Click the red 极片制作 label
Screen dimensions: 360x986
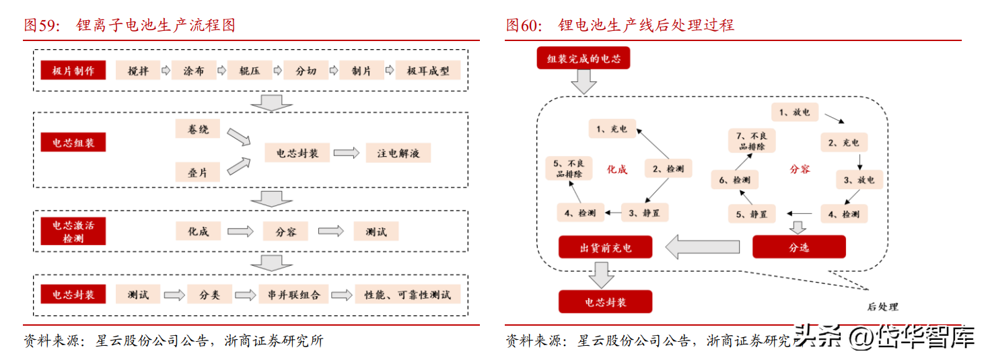(73, 71)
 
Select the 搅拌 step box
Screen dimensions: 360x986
(138, 71)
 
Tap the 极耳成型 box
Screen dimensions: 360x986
(428, 71)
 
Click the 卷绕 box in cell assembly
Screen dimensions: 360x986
(198, 129)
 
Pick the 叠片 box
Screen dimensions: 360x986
(198, 172)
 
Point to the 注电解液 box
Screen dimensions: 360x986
(398, 153)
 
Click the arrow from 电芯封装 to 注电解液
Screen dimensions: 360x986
(347, 153)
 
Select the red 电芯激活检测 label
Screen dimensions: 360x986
(73, 231)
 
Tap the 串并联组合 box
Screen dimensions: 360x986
(293, 294)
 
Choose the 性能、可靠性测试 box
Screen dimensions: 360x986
(408, 294)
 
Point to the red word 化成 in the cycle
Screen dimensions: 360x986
(617, 170)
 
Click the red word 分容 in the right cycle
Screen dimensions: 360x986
(800, 170)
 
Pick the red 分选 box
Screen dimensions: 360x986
(798, 248)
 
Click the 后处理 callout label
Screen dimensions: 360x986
(882, 307)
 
